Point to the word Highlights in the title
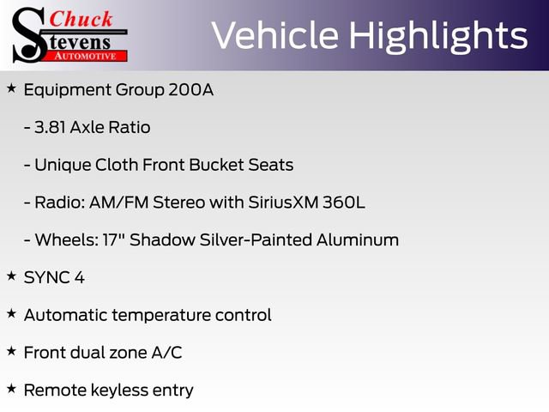pos(437,36)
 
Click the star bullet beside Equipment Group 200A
pos(11,88)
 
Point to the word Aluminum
pos(360,240)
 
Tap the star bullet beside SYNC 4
pos(11,276)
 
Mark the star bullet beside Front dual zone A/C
pos(11,351)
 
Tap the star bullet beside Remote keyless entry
pos(11,389)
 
